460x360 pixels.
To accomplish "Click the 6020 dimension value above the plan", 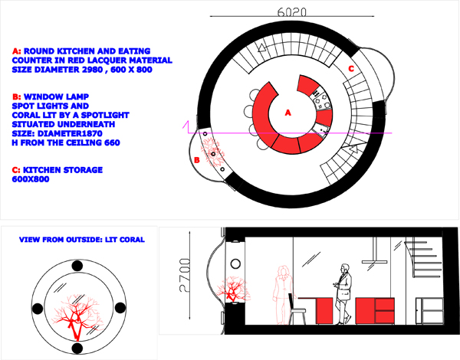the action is [291, 11].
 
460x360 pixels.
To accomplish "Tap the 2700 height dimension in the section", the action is [185, 275].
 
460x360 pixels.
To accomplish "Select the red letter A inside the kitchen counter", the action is [287, 113].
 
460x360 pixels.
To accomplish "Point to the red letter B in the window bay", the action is [197, 160].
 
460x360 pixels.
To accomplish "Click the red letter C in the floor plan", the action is [351, 69].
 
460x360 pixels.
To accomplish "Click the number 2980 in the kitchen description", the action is [92, 70].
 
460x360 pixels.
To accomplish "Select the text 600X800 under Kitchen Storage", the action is [31, 179].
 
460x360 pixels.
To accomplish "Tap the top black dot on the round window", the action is [77, 266].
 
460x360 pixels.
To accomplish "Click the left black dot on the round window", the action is [38, 309].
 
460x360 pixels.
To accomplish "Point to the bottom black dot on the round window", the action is [77, 349].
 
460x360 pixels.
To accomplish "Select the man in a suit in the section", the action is [343, 294].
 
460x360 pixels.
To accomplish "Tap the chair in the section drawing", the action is [297, 309].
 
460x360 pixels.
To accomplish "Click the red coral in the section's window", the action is [233, 289].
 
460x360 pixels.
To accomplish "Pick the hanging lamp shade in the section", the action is [375, 261].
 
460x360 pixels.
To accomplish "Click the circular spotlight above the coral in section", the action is [235, 263].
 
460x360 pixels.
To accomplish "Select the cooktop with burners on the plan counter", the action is [322, 101].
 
